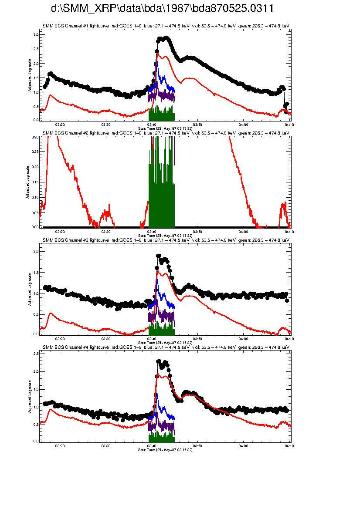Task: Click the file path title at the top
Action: pyautogui.click(x=162, y=9)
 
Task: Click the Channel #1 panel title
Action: pyautogui.click(x=166, y=26)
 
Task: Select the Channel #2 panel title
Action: pyautogui.click(x=166, y=132)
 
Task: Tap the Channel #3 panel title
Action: pyautogui.click(x=166, y=239)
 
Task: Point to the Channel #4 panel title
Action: pyautogui.click(x=166, y=347)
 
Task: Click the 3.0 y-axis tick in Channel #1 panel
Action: pyautogui.click(x=36, y=34)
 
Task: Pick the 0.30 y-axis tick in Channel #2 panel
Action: pyautogui.click(x=35, y=137)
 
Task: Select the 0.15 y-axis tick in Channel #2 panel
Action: pyautogui.click(x=35, y=182)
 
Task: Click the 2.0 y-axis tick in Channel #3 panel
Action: pyautogui.click(x=36, y=252)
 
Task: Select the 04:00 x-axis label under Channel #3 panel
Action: pyautogui.click(x=243, y=338)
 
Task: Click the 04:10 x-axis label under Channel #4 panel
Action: pyautogui.click(x=289, y=445)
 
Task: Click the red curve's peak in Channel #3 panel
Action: pyautogui.click(x=158, y=271)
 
